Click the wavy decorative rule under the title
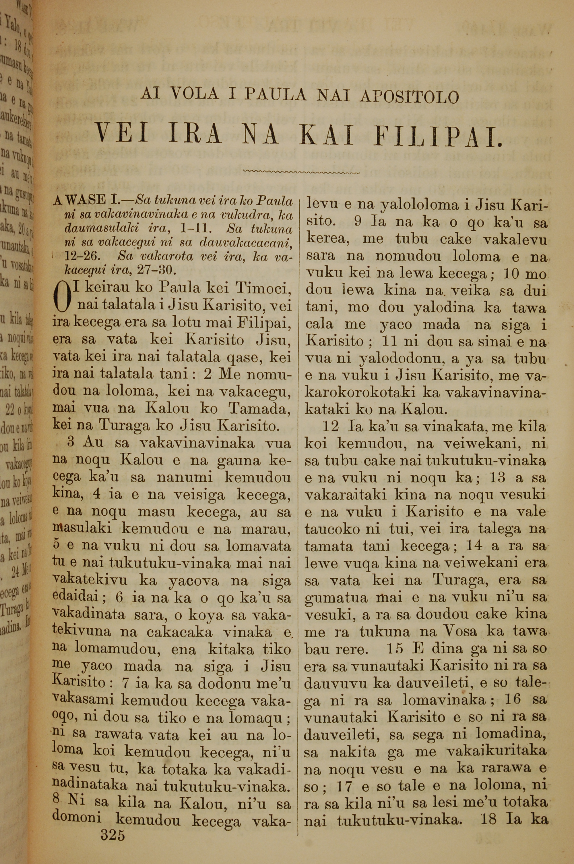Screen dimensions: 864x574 (301, 171)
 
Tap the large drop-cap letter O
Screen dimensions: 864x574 (61, 296)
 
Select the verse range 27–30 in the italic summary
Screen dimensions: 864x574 (157, 270)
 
